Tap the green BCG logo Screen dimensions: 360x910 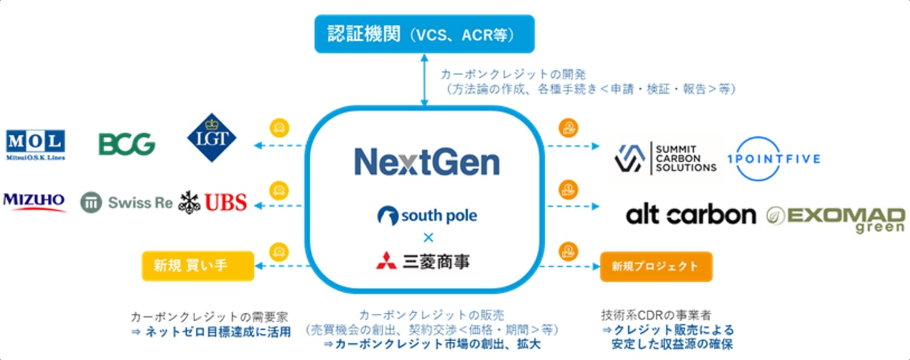pyautogui.click(x=127, y=144)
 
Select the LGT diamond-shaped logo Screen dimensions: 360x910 pyautogui.click(x=211, y=138)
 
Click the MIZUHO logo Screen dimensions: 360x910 pyautogui.click(x=35, y=201)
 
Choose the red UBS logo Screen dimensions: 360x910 pyautogui.click(x=213, y=202)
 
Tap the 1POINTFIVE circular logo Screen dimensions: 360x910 pyautogui.click(x=777, y=159)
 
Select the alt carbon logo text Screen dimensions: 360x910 pyautogui.click(x=691, y=215)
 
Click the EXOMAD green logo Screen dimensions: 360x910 pyautogui.click(x=836, y=218)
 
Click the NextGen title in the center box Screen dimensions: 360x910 pyautogui.click(x=427, y=162)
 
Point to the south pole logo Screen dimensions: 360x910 pyautogui.click(x=427, y=216)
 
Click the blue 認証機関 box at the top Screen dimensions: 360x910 pyautogui.click(x=424, y=34)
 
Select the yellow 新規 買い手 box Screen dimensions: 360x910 pyautogui.click(x=198, y=266)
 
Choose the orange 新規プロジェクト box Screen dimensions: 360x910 pyautogui.click(x=656, y=266)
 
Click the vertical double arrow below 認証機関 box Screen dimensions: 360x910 pyautogui.click(x=424, y=79)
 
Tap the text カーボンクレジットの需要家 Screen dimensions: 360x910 pyautogui.click(x=210, y=317)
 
